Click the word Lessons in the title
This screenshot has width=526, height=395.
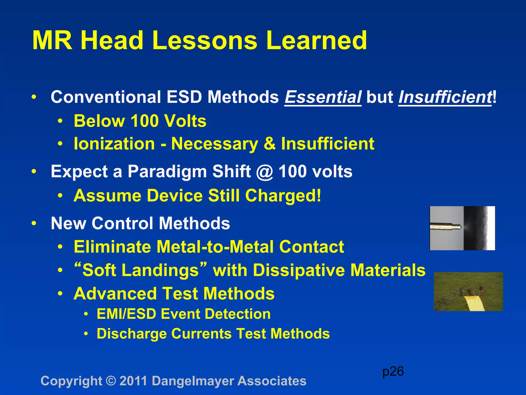click(204, 41)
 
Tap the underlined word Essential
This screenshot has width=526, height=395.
click(323, 97)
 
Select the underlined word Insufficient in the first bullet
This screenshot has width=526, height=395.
click(445, 97)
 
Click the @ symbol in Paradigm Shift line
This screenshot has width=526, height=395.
click(265, 172)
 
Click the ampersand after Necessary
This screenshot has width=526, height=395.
click(269, 143)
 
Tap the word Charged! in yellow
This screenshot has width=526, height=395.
click(283, 196)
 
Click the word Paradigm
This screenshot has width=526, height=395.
click(167, 172)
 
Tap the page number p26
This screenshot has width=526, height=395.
click(393, 371)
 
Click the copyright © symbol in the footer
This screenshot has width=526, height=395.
click(111, 381)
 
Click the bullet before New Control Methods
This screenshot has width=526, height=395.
click(34, 223)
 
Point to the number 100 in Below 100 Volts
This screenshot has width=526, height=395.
click(144, 121)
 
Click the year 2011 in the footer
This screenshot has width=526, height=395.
click(133, 381)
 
